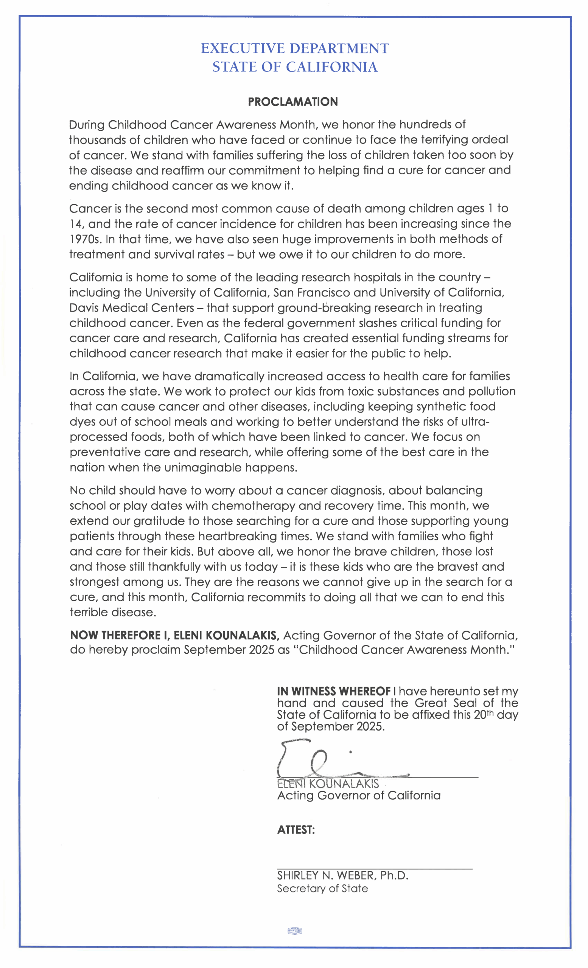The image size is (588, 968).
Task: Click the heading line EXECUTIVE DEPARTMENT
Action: point(295,49)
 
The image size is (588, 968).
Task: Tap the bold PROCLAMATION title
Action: point(293,102)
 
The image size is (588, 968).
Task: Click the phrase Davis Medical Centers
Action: point(132,308)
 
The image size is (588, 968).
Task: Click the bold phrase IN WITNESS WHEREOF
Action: point(334,692)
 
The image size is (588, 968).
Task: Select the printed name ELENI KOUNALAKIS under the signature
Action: point(328,784)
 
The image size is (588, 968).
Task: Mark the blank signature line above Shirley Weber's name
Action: point(374,869)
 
